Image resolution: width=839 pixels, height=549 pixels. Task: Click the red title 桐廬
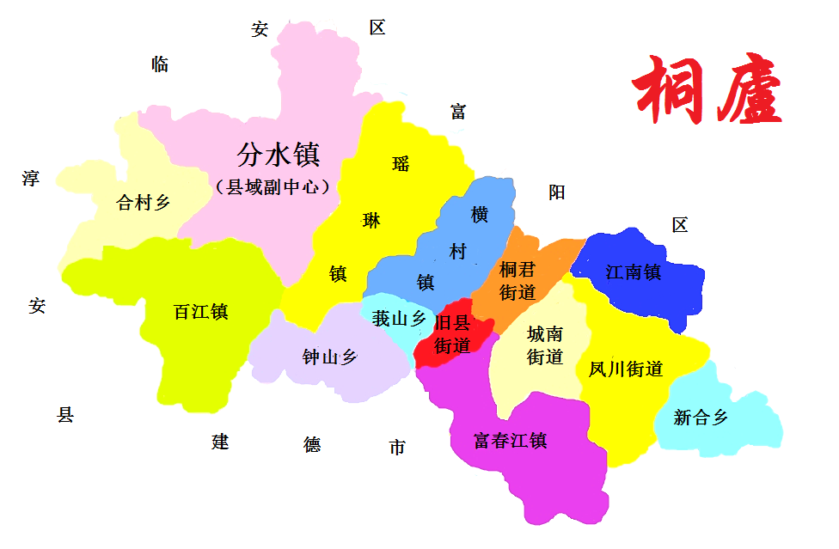[x=707, y=90]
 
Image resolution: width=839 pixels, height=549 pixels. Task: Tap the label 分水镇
[x=279, y=155]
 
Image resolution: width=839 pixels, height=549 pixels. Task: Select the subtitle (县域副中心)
[x=273, y=186]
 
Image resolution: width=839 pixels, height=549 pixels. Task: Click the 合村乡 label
[x=144, y=203]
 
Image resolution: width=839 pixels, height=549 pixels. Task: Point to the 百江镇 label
[x=200, y=312]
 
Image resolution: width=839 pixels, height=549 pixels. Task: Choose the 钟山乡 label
[x=329, y=357]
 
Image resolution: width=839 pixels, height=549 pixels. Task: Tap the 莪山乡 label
[x=399, y=319]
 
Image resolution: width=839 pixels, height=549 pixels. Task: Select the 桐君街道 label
[x=517, y=280]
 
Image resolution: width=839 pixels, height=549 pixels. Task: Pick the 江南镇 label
[x=634, y=272]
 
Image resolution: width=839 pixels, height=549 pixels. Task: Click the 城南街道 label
[x=545, y=345]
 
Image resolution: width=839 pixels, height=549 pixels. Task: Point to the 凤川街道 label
[x=626, y=369]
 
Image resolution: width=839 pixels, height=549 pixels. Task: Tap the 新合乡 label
[x=701, y=418]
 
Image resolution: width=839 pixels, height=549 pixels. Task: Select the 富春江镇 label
[x=511, y=441]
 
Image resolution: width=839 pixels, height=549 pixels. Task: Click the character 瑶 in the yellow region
[x=401, y=163]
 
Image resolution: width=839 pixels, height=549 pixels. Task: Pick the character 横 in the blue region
[x=480, y=215]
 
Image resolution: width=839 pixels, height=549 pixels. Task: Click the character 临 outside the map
[x=160, y=64]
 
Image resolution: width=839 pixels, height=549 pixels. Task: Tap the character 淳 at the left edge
[x=30, y=179]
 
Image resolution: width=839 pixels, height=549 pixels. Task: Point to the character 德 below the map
[x=312, y=444]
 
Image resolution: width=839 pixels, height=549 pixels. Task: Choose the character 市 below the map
[x=397, y=448]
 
